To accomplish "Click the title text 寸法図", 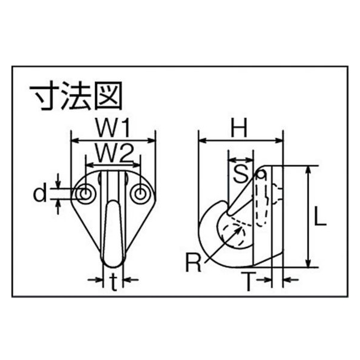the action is tap(76, 96).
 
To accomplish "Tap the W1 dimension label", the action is tap(113, 128).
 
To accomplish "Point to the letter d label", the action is tap(40, 194).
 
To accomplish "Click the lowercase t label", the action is tap(113, 282).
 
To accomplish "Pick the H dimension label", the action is tap(239, 128).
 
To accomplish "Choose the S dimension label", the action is tap(241, 174).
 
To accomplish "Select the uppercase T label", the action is tap(249, 281).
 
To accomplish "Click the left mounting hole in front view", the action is tap(85, 194).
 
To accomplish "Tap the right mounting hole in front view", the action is tap(139, 194).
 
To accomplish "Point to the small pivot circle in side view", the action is tap(261, 175).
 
